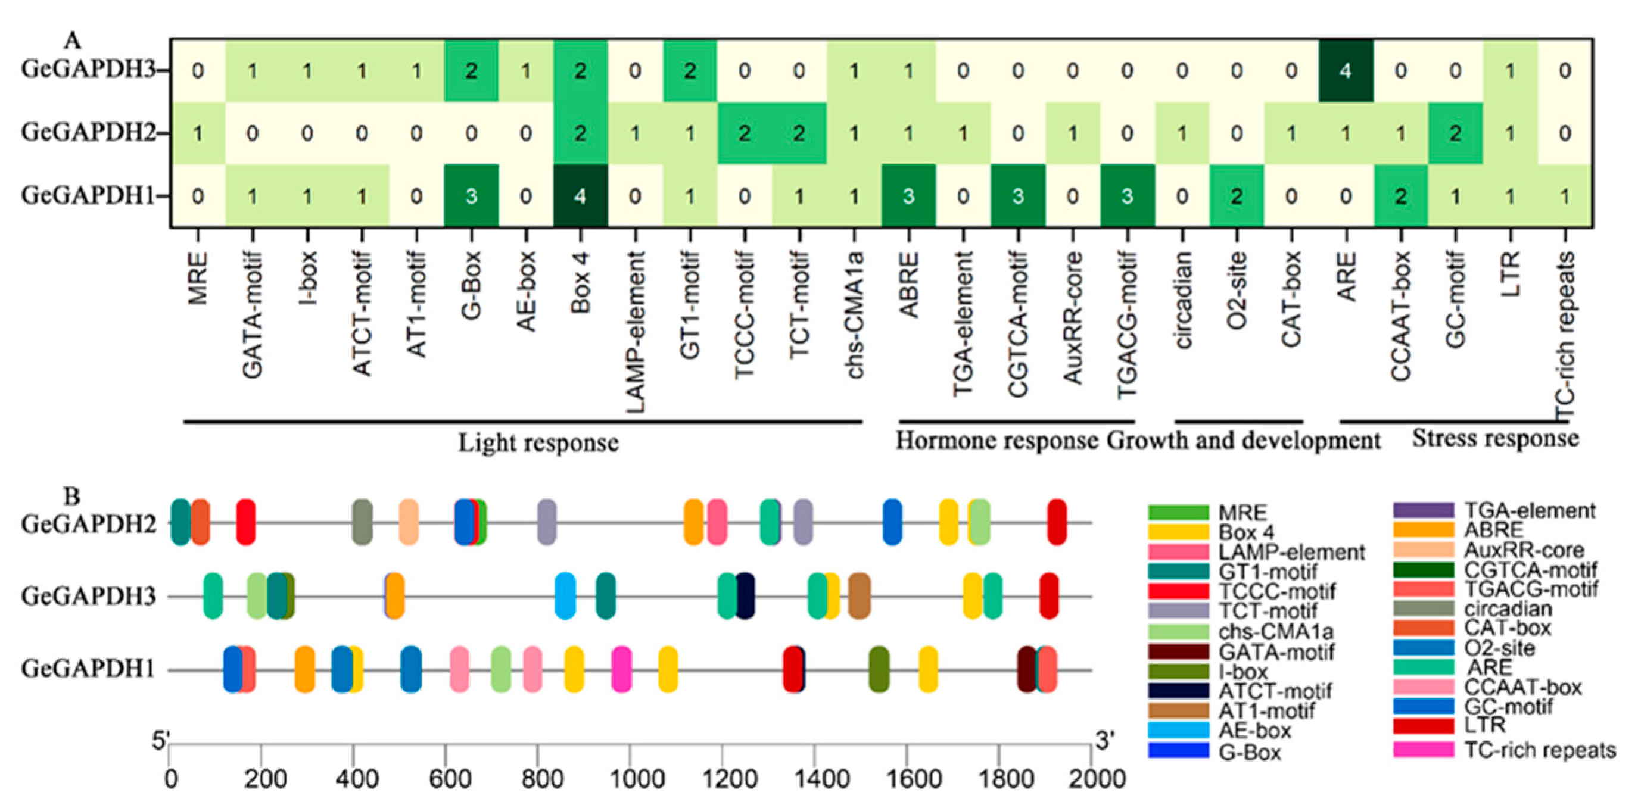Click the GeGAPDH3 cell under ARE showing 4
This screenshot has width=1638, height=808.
click(x=1346, y=71)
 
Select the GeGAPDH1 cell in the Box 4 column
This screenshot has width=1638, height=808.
click(x=580, y=196)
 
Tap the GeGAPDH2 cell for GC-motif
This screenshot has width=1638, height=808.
click(x=1455, y=133)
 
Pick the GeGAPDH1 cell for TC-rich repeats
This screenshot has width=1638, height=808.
click(x=1564, y=196)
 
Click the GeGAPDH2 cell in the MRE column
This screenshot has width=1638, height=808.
click(x=198, y=133)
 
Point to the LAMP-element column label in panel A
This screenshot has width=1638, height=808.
click(x=635, y=330)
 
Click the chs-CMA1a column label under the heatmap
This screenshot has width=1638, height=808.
click(x=854, y=314)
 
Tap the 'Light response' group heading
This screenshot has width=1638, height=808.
click(x=538, y=442)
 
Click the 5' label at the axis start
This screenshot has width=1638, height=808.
click(x=160, y=741)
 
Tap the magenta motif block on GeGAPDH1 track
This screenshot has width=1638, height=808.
click(x=621, y=669)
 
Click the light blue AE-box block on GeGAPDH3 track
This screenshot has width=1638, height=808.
click(x=565, y=595)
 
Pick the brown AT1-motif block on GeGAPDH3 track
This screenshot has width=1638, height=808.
click(x=859, y=595)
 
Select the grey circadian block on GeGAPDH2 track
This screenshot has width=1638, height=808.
click(x=362, y=522)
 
